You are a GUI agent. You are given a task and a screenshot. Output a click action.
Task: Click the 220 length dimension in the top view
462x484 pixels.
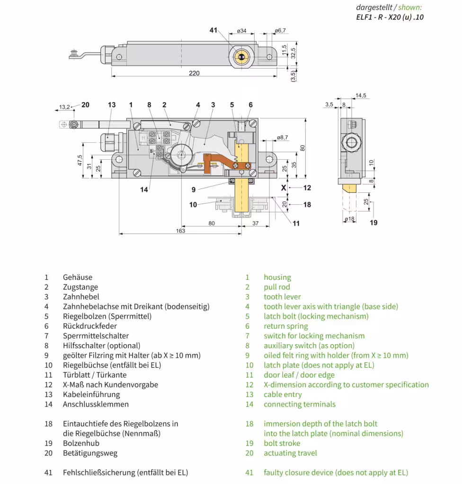click(194, 73)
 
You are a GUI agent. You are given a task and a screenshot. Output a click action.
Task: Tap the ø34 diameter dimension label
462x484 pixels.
click(241, 31)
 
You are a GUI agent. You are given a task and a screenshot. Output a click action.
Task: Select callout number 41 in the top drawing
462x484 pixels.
click(213, 31)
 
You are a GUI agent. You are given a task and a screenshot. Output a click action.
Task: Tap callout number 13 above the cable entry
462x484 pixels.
click(112, 105)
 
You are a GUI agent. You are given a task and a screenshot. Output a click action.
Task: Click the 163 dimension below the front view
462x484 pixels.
click(180, 231)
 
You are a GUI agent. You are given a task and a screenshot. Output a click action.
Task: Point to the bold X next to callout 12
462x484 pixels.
click(284, 188)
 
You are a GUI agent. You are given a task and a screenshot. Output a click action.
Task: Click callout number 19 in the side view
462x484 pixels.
click(373, 223)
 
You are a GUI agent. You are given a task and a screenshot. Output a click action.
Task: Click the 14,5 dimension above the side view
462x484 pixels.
click(361, 96)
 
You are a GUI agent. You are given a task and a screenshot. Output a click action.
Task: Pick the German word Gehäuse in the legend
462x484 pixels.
click(78, 277)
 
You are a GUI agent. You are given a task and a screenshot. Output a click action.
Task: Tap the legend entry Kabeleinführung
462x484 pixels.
click(91, 394)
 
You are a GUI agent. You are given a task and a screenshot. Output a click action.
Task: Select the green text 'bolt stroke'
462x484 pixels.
click(282, 443)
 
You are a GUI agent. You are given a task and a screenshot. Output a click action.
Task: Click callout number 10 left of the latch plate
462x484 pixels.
click(193, 205)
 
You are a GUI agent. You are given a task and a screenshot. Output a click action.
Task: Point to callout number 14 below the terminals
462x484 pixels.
click(144, 190)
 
